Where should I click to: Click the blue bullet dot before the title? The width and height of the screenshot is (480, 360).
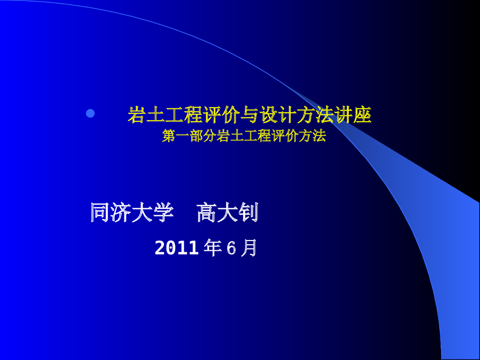[90, 113]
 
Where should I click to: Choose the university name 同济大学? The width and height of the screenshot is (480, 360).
[132, 213]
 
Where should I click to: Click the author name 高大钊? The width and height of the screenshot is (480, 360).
[227, 213]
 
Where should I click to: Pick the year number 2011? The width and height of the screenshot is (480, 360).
[177, 248]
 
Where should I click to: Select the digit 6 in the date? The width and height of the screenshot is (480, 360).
[231, 248]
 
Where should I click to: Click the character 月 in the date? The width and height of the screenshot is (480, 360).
[249, 248]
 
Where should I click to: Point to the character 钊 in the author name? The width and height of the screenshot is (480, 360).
[248, 213]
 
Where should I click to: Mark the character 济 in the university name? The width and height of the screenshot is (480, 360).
[121, 213]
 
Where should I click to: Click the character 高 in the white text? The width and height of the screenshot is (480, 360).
[207, 213]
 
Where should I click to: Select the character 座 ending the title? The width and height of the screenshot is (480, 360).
[362, 115]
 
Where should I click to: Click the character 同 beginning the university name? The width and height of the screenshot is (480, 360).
[100, 213]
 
